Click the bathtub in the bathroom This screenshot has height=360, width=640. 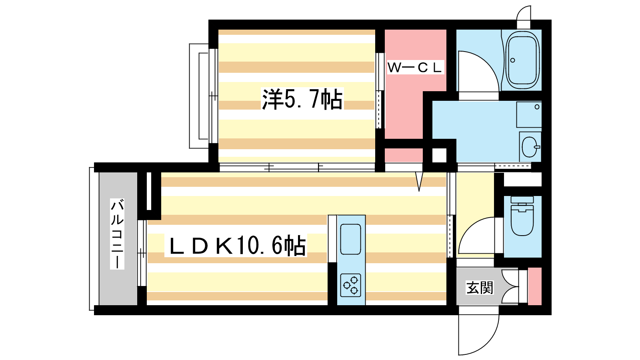[x=523, y=61]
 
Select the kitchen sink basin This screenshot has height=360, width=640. [x=351, y=239]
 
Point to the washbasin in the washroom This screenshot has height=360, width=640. [x=530, y=147]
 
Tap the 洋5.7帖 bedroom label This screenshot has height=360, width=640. [x=302, y=100]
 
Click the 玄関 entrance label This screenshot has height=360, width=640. [x=480, y=287]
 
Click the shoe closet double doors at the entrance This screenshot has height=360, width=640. [x=510, y=286]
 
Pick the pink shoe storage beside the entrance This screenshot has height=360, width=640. [x=535, y=286]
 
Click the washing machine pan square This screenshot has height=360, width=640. [x=528, y=114]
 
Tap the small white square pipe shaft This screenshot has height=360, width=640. [x=439, y=155]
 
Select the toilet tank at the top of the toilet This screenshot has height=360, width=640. [x=522, y=200]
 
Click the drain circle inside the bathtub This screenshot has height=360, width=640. [x=512, y=60]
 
